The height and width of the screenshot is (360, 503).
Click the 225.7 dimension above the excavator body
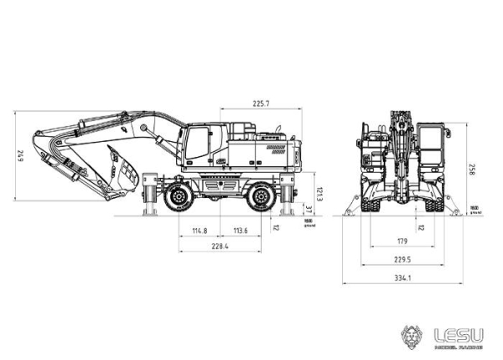click(x=260, y=102)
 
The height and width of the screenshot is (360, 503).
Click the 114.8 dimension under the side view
click(x=199, y=230)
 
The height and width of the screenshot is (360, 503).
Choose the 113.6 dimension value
click(x=241, y=230)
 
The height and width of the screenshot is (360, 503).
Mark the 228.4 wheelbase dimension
click(x=220, y=246)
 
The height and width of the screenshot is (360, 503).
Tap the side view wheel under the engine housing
click(x=262, y=199)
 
